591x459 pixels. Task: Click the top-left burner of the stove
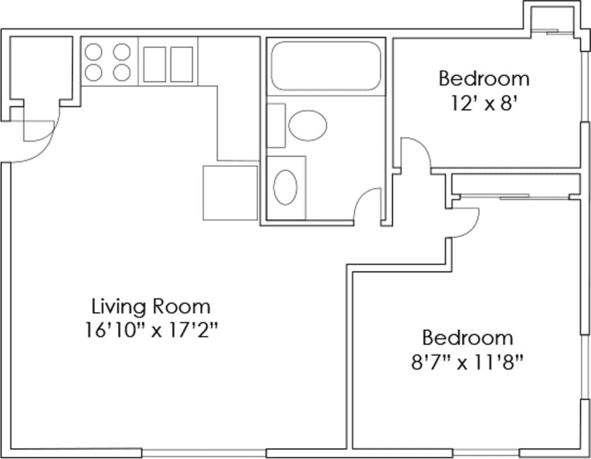[x=94, y=51]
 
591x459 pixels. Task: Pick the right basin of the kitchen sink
[x=181, y=65]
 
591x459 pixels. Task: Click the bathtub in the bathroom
[x=325, y=66]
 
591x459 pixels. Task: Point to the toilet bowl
[x=308, y=125]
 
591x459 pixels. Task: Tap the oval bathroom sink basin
[x=285, y=187]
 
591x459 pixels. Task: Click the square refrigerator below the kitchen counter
[x=230, y=192]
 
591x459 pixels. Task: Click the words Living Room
[x=151, y=307]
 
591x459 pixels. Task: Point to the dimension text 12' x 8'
[x=484, y=103]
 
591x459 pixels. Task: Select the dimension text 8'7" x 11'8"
[x=467, y=362]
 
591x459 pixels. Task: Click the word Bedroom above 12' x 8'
[x=484, y=79]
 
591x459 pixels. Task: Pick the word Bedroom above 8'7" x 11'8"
[x=467, y=337]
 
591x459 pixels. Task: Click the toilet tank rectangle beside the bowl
[x=276, y=125]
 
